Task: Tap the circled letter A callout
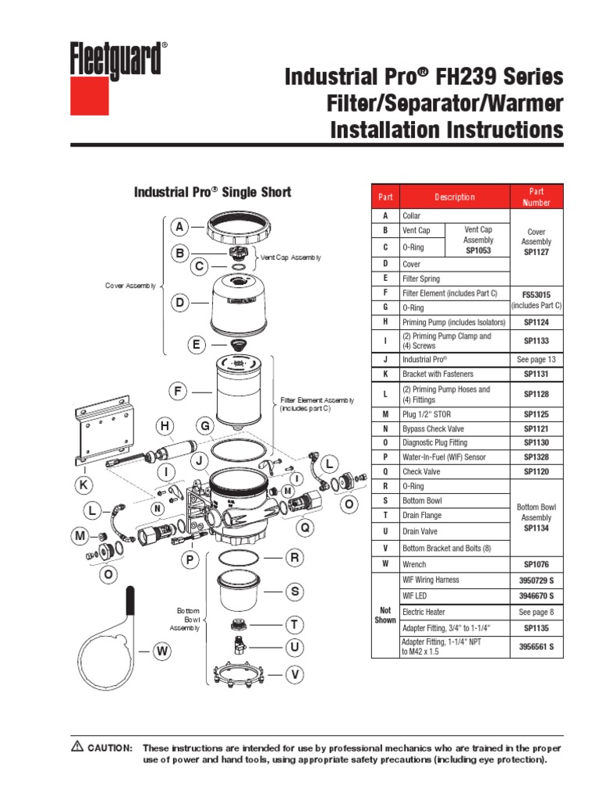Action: (x=179, y=227)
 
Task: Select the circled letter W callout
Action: (x=161, y=650)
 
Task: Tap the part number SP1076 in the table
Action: (x=536, y=563)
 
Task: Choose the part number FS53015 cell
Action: (x=536, y=293)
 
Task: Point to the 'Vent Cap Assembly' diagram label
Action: (x=290, y=257)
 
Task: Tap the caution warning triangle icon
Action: (x=77, y=747)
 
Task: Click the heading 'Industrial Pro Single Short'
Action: (x=213, y=192)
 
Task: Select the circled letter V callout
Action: (x=295, y=673)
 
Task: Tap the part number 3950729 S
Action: (x=536, y=580)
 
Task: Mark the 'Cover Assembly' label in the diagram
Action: (x=130, y=286)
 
